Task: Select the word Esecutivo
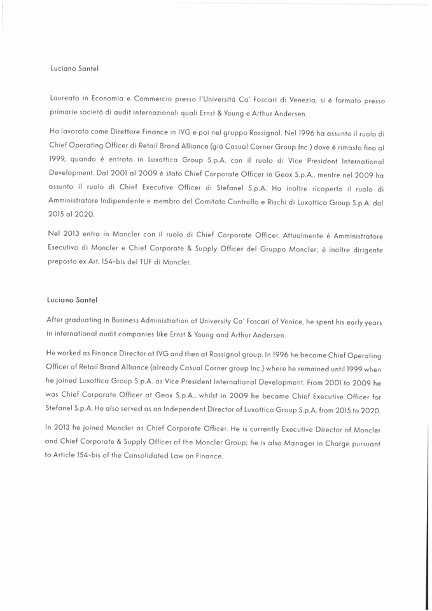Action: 67,247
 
